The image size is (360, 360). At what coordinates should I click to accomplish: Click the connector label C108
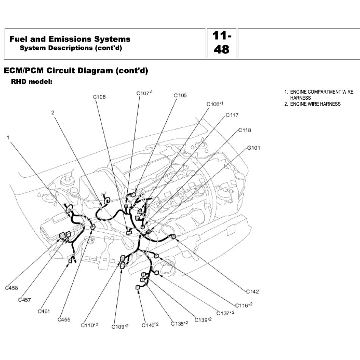point(99,97)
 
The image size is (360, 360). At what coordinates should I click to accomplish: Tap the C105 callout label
point(180,95)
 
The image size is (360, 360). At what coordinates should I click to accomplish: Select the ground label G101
point(254,148)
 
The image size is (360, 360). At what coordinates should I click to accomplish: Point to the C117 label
point(232,115)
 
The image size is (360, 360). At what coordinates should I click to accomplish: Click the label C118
point(244,130)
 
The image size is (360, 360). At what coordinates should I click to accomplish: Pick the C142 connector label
point(252,291)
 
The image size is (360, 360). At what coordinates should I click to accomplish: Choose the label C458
point(11,288)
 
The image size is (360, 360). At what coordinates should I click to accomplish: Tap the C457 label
point(25,300)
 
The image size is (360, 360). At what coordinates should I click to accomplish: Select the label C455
point(64,319)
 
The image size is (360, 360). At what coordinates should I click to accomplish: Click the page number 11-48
point(222,43)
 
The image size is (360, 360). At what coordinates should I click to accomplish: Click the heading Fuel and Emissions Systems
point(70,39)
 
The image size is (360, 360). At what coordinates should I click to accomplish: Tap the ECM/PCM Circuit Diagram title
point(75,70)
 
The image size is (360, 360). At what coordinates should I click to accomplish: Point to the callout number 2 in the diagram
point(53,113)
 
